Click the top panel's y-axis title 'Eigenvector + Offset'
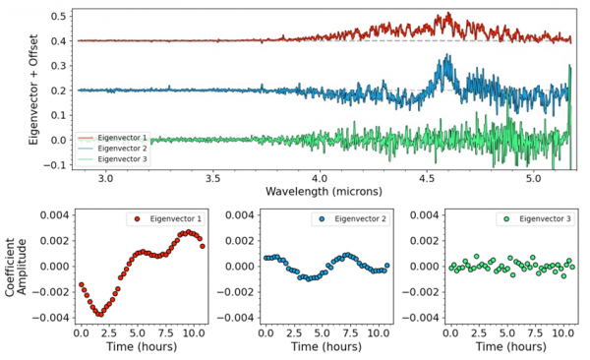33,90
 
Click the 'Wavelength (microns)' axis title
324,191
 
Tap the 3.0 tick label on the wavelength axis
106,178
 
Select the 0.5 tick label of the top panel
58,16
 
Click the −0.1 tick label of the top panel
55,165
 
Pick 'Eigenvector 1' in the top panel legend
122,138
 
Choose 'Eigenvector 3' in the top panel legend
122,159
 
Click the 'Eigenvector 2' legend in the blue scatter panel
360,218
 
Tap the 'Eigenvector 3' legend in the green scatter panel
545,218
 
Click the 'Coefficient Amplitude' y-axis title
16,267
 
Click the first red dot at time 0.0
82,284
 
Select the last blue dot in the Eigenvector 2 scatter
386,266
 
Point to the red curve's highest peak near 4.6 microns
447,13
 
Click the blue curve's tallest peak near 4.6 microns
447,55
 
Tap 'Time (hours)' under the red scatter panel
142,346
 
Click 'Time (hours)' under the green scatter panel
511,346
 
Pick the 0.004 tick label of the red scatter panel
54,215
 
